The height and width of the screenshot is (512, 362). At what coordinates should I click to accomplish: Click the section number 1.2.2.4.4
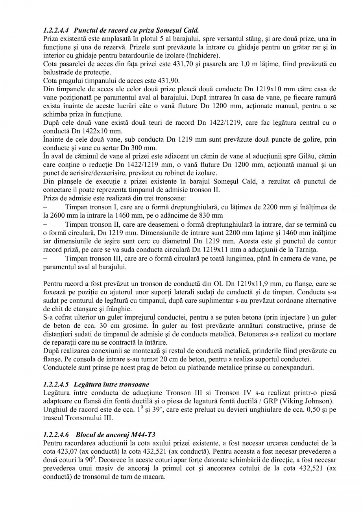tap(56, 30)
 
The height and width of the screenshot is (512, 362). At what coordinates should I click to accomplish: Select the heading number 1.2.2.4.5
tap(56, 384)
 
